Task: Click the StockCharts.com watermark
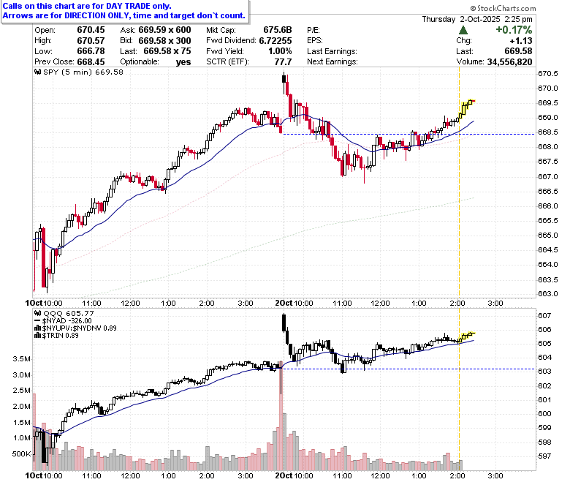click(x=503, y=8)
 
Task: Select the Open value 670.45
click(x=91, y=30)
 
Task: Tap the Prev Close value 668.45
click(x=91, y=62)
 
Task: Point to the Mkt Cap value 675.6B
click(x=278, y=30)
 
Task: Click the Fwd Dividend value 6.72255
click(x=275, y=40)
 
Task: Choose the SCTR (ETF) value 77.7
click(x=284, y=62)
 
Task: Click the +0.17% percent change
click(x=514, y=29)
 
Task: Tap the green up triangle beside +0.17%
click(x=463, y=30)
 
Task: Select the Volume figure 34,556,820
click(x=509, y=62)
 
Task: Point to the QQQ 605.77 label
click(x=69, y=313)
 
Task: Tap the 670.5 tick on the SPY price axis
click(x=548, y=74)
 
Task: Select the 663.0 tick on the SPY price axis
click(x=548, y=294)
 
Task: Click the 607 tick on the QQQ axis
click(x=544, y=316)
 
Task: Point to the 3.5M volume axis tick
click(x=21, y=359)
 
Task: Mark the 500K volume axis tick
click(x=21, y=454)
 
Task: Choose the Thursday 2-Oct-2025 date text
click(x=461, y=19)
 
